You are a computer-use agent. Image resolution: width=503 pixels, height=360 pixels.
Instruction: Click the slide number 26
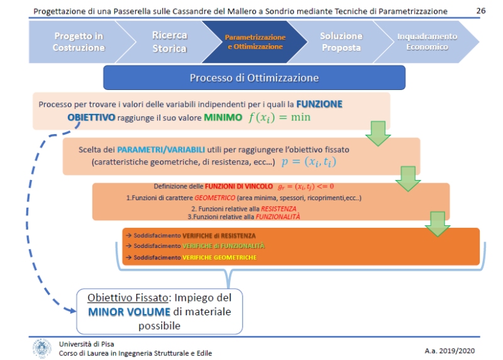[481, 11]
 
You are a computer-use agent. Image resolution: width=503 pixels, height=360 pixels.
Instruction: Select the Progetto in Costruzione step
[79, 42]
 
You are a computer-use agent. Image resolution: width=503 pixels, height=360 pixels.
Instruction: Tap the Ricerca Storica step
[169, 42]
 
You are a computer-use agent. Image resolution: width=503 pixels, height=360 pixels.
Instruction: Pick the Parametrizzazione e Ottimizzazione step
[255, 42]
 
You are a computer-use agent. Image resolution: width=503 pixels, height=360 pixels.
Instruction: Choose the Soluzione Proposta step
[341, 42]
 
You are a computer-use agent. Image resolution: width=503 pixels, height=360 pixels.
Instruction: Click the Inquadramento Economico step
[426, 42]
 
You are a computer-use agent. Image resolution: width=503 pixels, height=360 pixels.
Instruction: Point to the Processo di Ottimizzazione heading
[254, 78]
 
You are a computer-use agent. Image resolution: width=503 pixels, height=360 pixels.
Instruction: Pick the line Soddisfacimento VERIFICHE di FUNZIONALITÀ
[199, 245]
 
